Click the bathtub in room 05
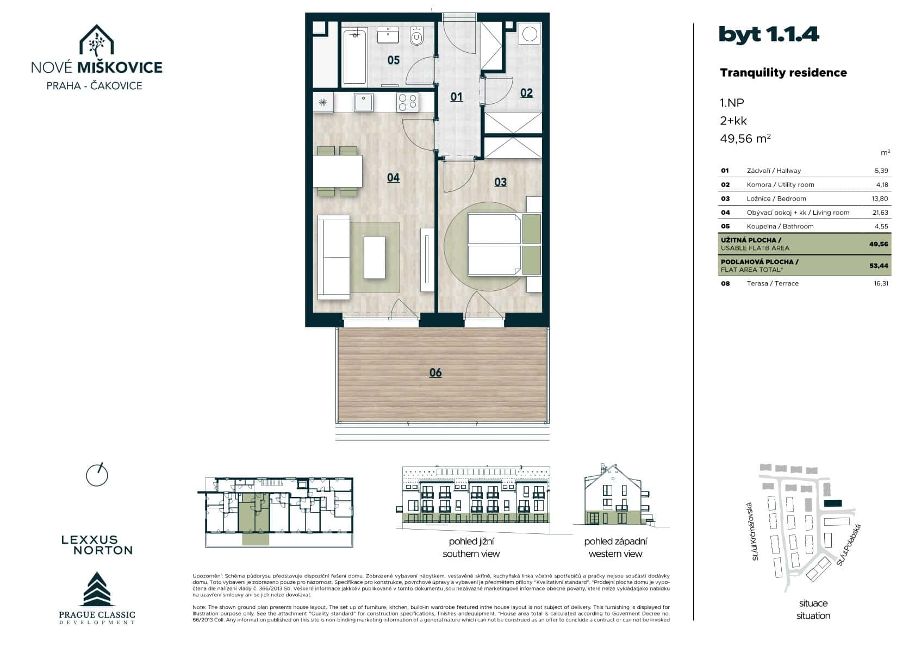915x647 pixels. [x=354, y=57]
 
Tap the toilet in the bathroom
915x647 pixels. [x=417, y=37]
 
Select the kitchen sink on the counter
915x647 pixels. [x=363, y=102]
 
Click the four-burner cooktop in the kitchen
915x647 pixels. [x=407, y=102]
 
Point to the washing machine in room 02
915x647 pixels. [x=529, y=34]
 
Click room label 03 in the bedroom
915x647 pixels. [x=500, y=182]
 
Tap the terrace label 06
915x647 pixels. [x=435, y=372]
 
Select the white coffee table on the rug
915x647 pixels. [x=374, y=257]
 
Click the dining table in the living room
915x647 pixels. [x=338, y=171]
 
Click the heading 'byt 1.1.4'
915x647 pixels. [x=768, y=34]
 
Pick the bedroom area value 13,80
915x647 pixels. [x=880, y=198]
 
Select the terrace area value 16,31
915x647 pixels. [x=881, y=283]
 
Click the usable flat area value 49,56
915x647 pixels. [x=878, y=244]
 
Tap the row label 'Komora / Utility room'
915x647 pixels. [x=780, y=185]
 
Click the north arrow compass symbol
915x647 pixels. [x=97, y=475]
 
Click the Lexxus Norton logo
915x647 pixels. [x=97, y=545]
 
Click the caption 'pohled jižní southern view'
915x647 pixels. [x=471, y=548]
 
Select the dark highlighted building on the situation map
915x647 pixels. [x=832, y=504]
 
